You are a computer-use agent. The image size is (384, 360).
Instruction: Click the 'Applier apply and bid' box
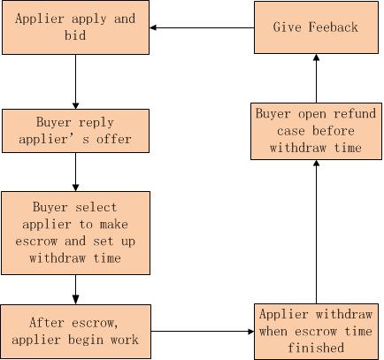pos(75,27)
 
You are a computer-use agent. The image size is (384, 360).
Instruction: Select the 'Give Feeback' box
pos(316,27)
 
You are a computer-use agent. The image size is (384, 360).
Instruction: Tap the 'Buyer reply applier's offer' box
pos(75,131)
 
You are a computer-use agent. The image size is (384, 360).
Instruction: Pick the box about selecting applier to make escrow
pos(75,233)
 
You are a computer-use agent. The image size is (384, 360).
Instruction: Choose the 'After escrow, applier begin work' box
pos(75,332)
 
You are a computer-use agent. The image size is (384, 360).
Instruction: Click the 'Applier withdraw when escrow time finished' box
pos(316,332)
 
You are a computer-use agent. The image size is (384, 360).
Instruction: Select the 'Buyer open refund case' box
pos(316,131)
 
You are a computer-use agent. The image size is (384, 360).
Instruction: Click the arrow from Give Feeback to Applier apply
pos(202,27)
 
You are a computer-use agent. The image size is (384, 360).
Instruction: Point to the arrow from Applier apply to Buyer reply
pos(75,82)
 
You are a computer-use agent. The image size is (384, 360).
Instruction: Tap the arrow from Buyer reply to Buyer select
pos(75,172)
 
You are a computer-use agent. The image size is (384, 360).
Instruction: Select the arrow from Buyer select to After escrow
pos(75,289)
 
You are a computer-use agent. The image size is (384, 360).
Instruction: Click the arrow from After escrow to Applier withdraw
pos(203,332)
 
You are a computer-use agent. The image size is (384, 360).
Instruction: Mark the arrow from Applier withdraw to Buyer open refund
pos(316,232)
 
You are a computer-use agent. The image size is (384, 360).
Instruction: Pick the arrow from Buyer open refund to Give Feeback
pos(316,79)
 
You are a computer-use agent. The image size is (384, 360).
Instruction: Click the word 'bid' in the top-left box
pos(75,35)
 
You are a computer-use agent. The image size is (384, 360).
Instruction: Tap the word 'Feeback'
pos(334,27)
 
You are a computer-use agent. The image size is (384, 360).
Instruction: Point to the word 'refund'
pos(355,114)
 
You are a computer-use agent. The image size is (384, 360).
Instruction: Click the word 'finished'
pos(316,348)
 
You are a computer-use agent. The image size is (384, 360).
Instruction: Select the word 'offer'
pos(114,139)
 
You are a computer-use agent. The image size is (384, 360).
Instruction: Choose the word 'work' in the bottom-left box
pos(125,340)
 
